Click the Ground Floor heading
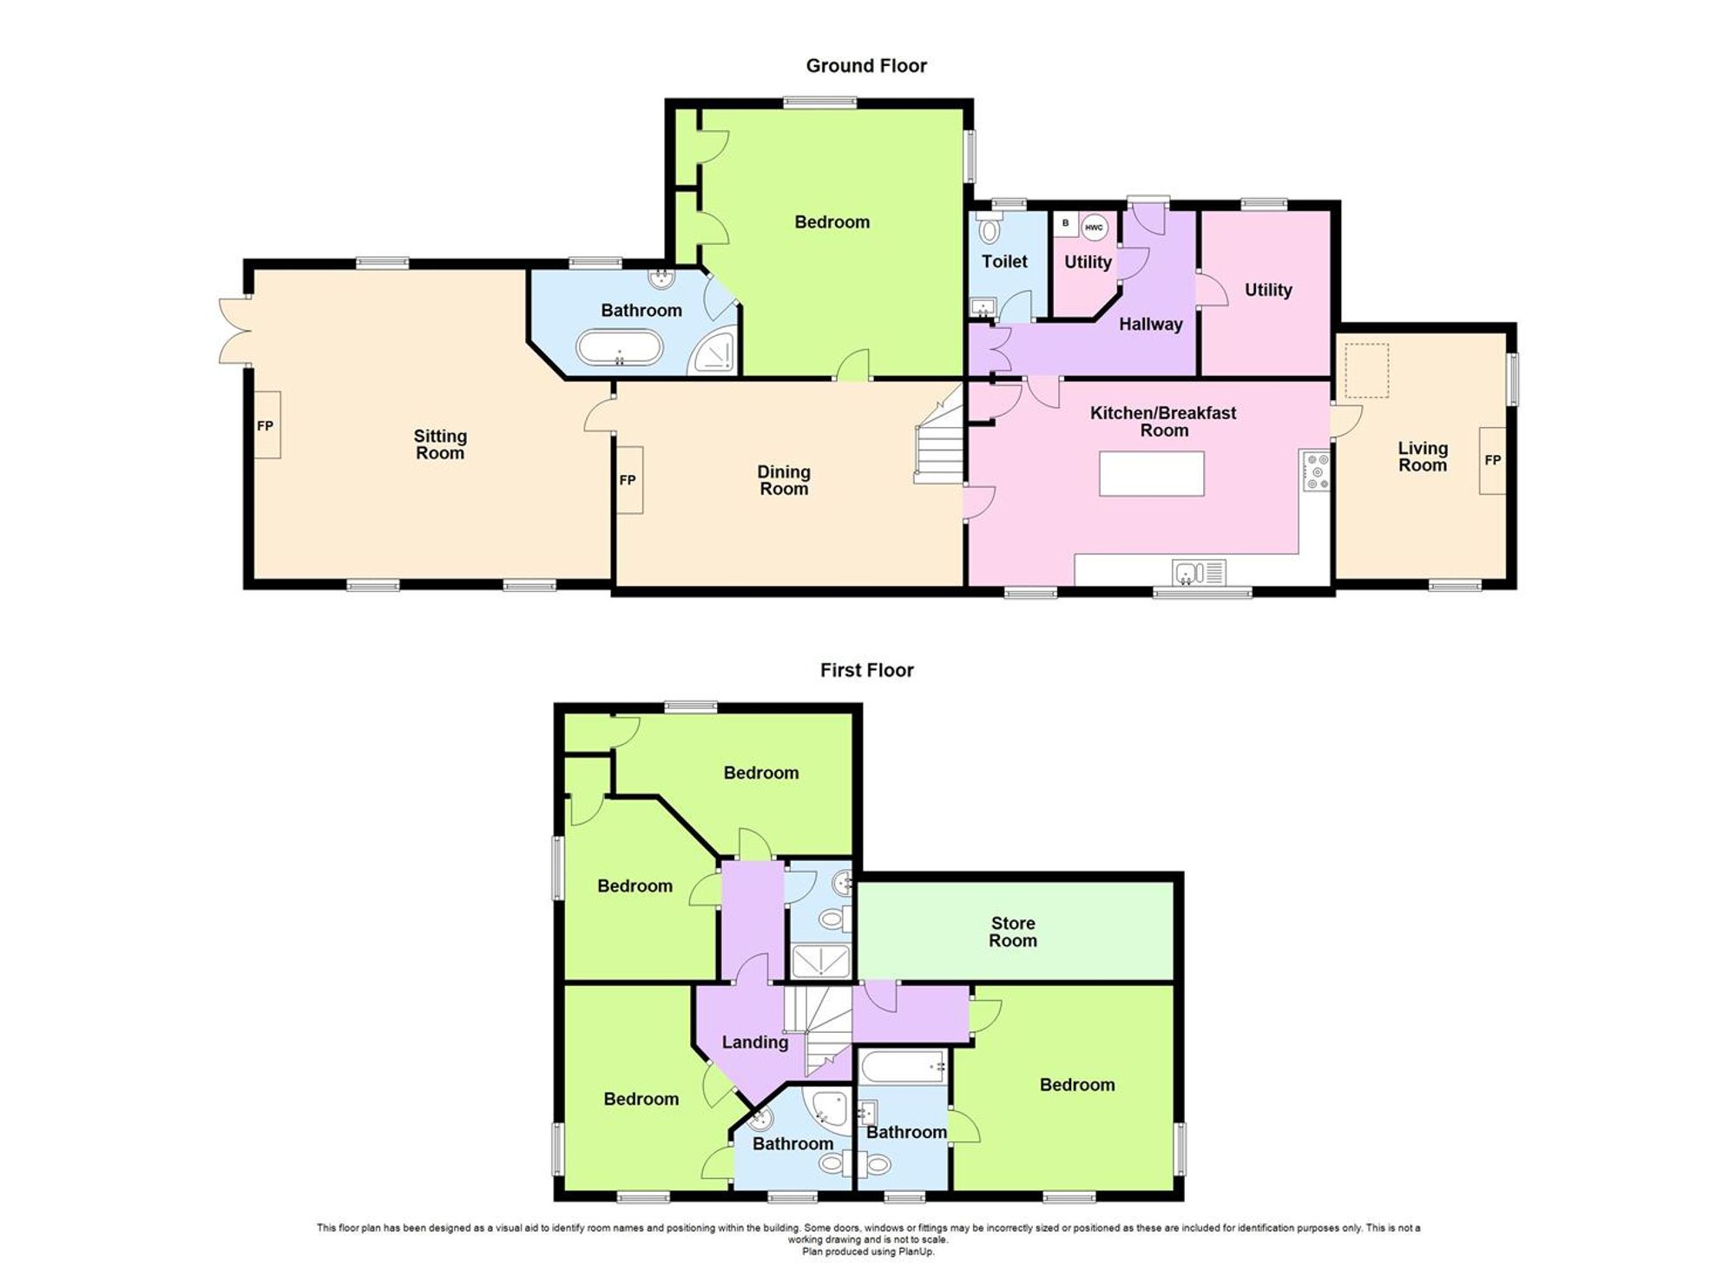[866, 66]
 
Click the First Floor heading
[866, 670]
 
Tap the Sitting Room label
[440, 444]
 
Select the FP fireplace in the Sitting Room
[266, 425]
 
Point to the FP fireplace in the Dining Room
[628, 480]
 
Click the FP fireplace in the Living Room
[1493, 460]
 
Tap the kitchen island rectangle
[1151, 474]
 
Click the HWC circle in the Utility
[1095, 227]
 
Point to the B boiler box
[1066, 224]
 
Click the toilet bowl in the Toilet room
[988, 230]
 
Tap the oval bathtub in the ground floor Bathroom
[620, 349]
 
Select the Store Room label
[1013, 931]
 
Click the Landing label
[755, 1043]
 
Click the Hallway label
[1150, 325]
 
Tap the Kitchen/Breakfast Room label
[1163, 421]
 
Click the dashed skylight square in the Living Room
[1367, 371]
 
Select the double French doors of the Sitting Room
[233, 331]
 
